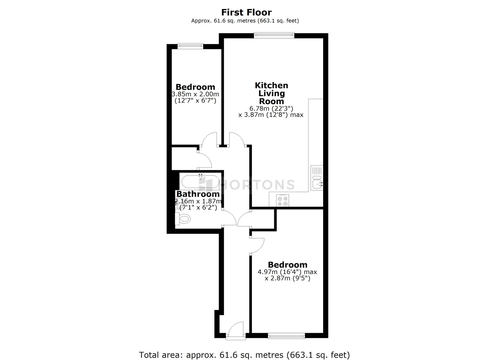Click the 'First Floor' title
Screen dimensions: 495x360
246,12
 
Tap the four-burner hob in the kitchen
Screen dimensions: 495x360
283,200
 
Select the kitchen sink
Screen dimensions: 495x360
317,178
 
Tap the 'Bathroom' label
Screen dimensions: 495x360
198,194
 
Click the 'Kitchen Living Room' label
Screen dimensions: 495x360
271,93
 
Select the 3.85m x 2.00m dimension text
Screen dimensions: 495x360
195,94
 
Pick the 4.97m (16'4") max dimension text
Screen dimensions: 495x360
287,272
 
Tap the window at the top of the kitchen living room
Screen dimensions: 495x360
274,35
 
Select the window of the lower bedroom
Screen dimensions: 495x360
286,336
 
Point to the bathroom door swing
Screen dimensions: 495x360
230,217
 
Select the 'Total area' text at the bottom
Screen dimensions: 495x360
244,355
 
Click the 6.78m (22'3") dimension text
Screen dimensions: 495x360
271,108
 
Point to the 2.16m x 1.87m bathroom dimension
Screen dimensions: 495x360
198,201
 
